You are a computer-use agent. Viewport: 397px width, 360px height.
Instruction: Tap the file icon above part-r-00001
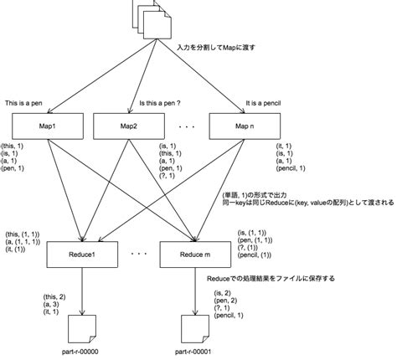coord(191,325)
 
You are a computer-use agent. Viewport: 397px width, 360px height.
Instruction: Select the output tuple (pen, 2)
coord(228,300)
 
